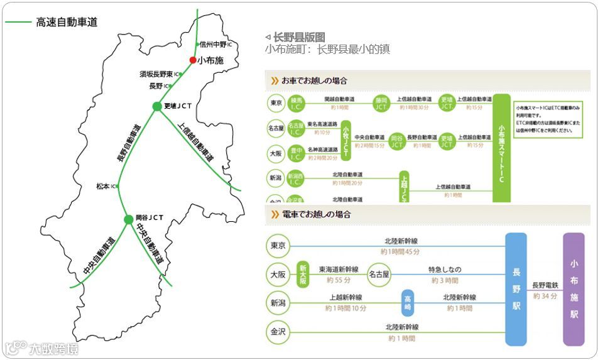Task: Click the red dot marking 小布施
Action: coord(193,60)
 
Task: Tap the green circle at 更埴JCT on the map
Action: coord(157,106)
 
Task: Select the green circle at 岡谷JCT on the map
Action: coord(129,219)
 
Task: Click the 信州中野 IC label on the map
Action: coord(215,45)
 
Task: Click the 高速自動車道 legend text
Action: coord(67,22)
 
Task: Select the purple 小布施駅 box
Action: coord(574,288)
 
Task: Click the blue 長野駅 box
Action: coord(516,289)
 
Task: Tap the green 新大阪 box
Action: coord(303,274)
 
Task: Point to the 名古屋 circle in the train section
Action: coord(379,274)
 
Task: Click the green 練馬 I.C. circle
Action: coord(296,103)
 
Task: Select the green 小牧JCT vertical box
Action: coord(346,141)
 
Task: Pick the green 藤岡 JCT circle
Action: coord(381,103)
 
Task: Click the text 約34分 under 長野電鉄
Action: coord(545,295)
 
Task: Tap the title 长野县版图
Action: coord(299,37)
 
